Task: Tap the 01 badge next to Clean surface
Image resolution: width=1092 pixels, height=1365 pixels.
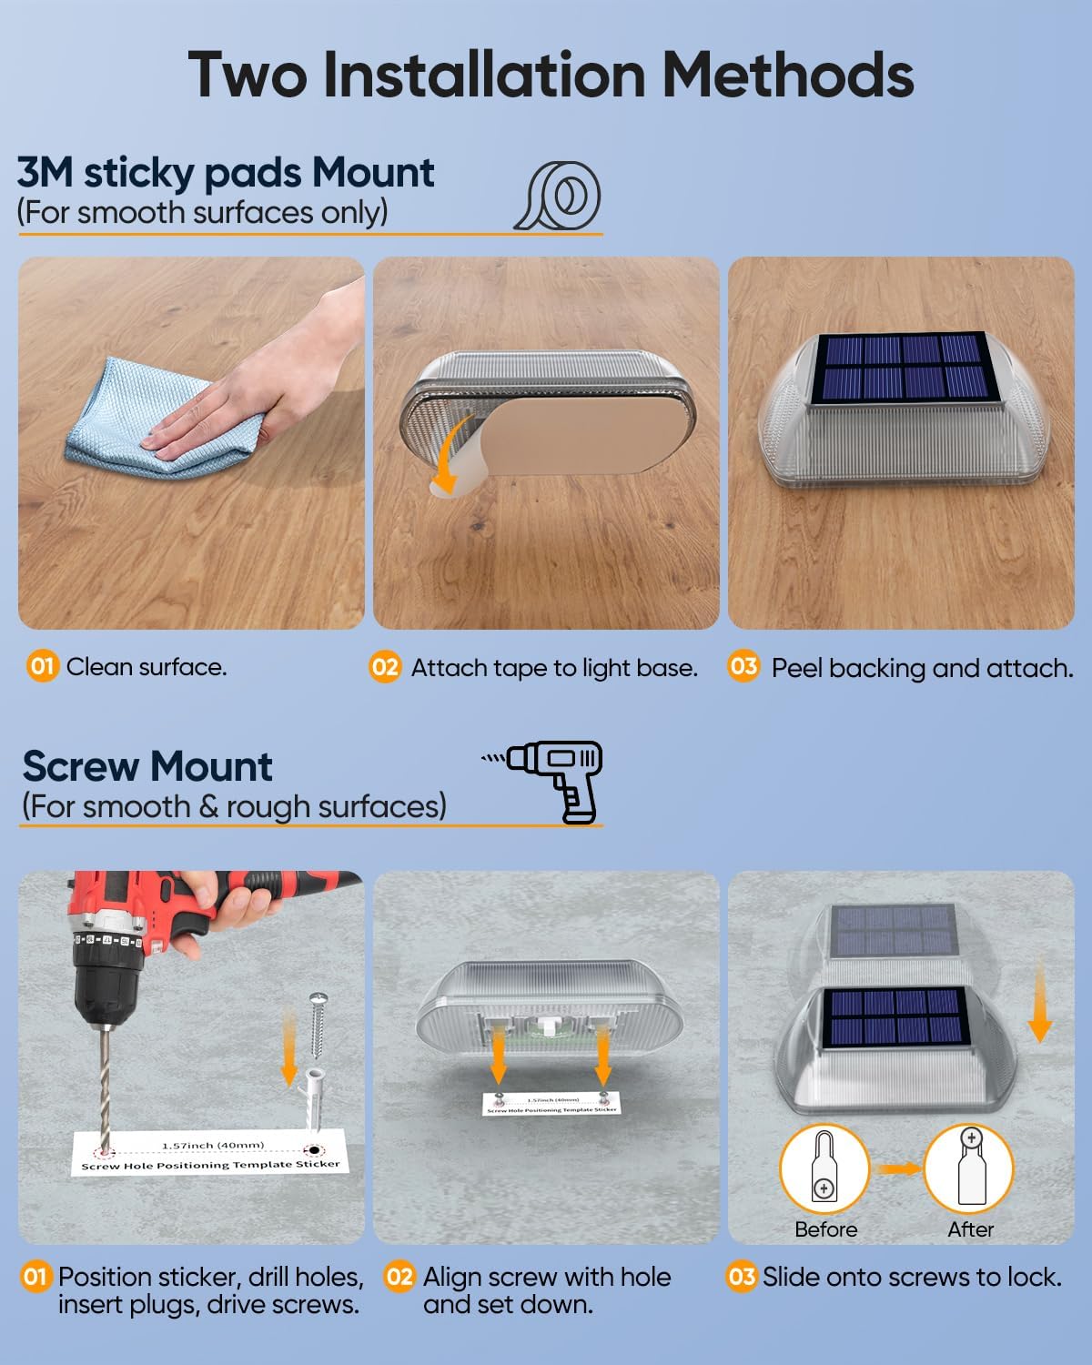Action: (x=43, y=667)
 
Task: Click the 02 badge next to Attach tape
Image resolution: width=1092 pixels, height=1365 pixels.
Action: (x=385, y=667)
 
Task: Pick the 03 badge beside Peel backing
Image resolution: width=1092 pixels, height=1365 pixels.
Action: (x=743, y=666)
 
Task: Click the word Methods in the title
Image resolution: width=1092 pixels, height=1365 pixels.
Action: (x=787, y=75)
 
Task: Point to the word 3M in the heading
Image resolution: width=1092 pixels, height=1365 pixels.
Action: (x=45, y=173)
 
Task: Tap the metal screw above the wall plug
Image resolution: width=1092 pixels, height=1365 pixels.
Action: (x=318, y=1025)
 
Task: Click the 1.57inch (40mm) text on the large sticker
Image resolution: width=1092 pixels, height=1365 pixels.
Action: (x=213, y=1145)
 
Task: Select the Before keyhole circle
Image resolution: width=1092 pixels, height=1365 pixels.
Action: (x=824, y=1168)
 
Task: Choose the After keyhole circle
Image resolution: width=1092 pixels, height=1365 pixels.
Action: (x=968, y=1168)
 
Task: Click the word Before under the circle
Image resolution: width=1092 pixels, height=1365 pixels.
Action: (x=825, y=1230)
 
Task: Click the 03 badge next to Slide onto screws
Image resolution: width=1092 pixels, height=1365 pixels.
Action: (x=741, y=1276)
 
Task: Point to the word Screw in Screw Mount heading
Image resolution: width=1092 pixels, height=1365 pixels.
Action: (x=81, y=766)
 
